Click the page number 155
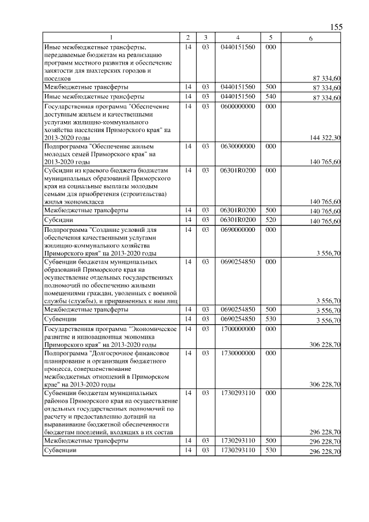tap(336, 27)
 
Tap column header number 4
tap(237, 37)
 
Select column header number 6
tap(311, 37)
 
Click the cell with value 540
tap(271, 96)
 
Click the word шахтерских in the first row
tap(114, 70)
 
